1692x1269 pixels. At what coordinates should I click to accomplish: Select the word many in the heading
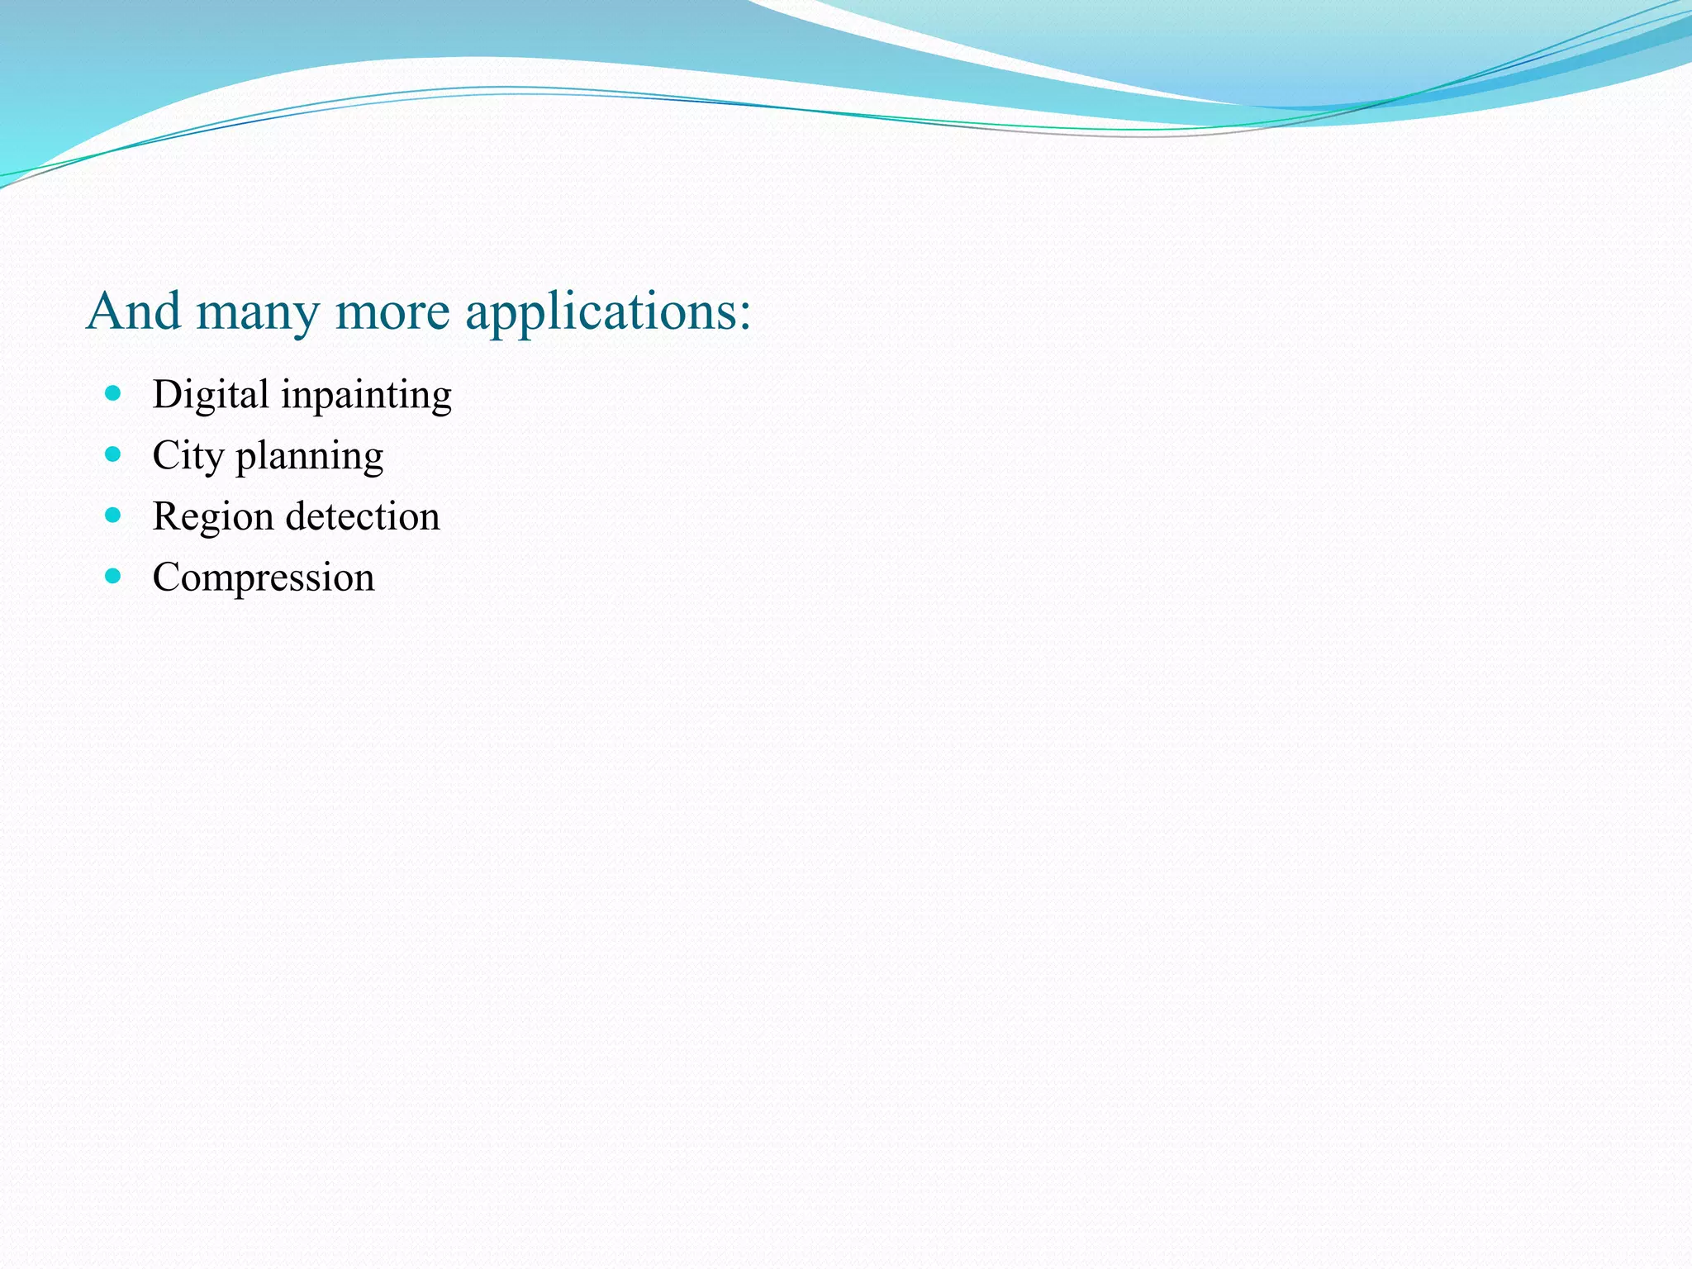(258, 314)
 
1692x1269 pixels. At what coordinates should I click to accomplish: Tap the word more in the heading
(392, 314)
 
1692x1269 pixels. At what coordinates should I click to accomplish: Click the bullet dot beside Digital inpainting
(113, 393)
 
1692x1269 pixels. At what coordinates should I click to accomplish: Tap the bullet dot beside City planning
(113, 454)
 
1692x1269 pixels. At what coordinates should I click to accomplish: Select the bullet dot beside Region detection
(113, 516)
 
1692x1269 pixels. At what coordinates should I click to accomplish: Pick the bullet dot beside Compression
(113, 576)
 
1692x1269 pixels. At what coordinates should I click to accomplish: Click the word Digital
(211, 395)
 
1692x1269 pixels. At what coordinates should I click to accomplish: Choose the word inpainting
(366, 397)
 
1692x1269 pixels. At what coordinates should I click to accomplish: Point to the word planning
(310, 457)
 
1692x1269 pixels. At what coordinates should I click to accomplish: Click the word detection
(363, 516)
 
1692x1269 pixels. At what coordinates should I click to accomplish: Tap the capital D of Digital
(167, 394)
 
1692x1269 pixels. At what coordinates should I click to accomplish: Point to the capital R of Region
(167, 516)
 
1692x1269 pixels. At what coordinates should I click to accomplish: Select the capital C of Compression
(168, 577)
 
